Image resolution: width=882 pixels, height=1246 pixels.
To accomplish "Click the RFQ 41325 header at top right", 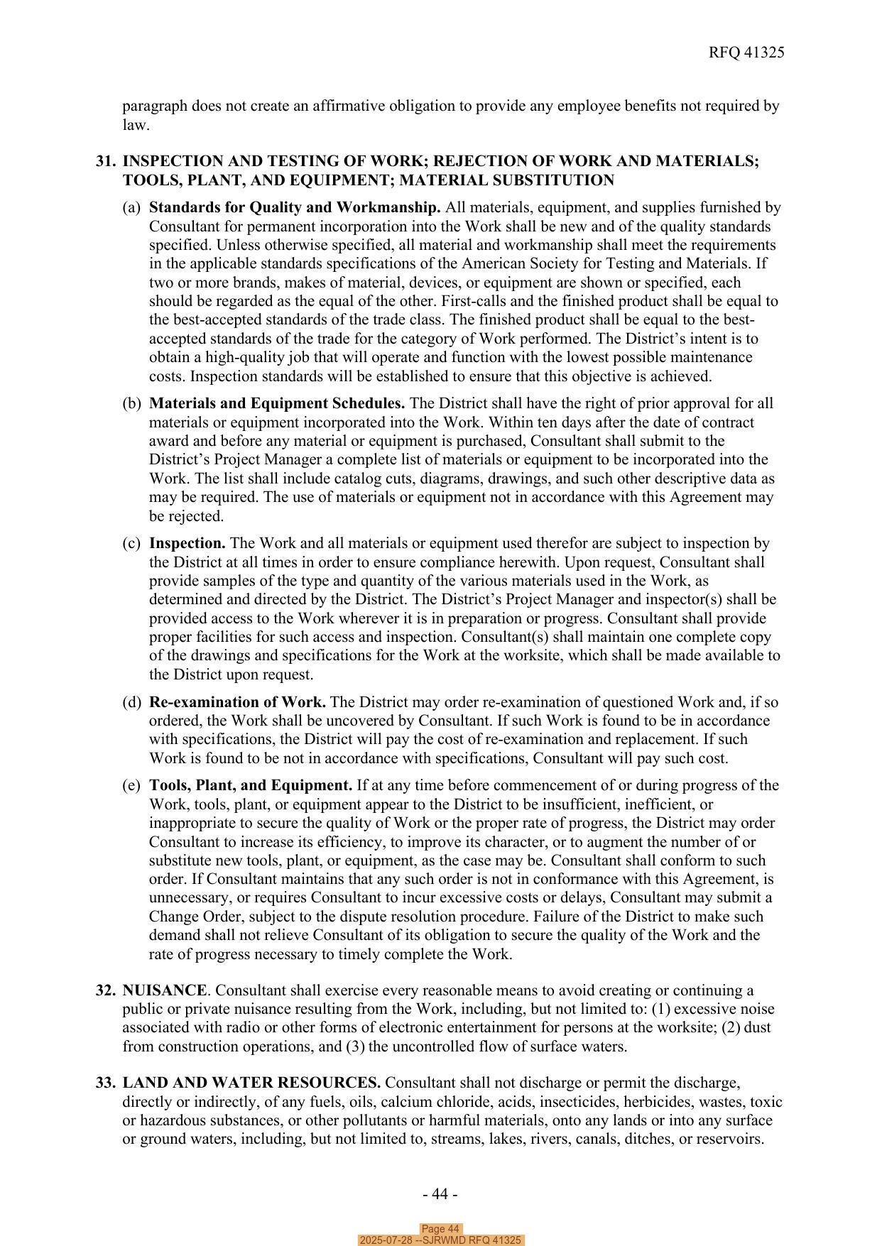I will tap(746, 53).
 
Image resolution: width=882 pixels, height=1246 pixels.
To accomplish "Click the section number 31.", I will tap(106, 161).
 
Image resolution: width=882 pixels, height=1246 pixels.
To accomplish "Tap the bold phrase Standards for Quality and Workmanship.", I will tap(295, 207).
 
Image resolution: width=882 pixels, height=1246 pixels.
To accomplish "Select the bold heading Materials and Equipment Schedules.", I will tap(277, 403).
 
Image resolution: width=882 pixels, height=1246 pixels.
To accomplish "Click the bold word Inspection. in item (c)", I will tap(187, 543).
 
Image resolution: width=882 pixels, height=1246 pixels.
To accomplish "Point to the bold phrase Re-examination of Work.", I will tap(237, 702).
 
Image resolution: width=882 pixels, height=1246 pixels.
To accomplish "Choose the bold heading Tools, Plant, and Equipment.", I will tap(251, 785).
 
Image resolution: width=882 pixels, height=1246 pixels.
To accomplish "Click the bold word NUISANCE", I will tap(165, 990).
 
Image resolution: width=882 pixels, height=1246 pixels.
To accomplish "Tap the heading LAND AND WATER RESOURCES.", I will tap(251, 1083).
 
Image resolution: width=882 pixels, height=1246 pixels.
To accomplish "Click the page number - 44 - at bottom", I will tap(440, 1194).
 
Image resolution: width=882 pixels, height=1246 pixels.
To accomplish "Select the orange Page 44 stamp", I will tap(440, 1229).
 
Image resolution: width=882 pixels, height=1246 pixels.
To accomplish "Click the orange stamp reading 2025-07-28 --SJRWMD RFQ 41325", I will tap(440, 1240).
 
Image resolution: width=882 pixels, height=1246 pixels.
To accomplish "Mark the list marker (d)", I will tap(131, 702).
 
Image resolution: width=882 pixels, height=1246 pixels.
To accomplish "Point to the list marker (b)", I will tap(131, 403).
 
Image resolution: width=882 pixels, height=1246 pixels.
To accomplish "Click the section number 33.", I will tap(106, 1083).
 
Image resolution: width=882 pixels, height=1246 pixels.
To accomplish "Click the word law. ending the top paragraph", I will tap(136, 125).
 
